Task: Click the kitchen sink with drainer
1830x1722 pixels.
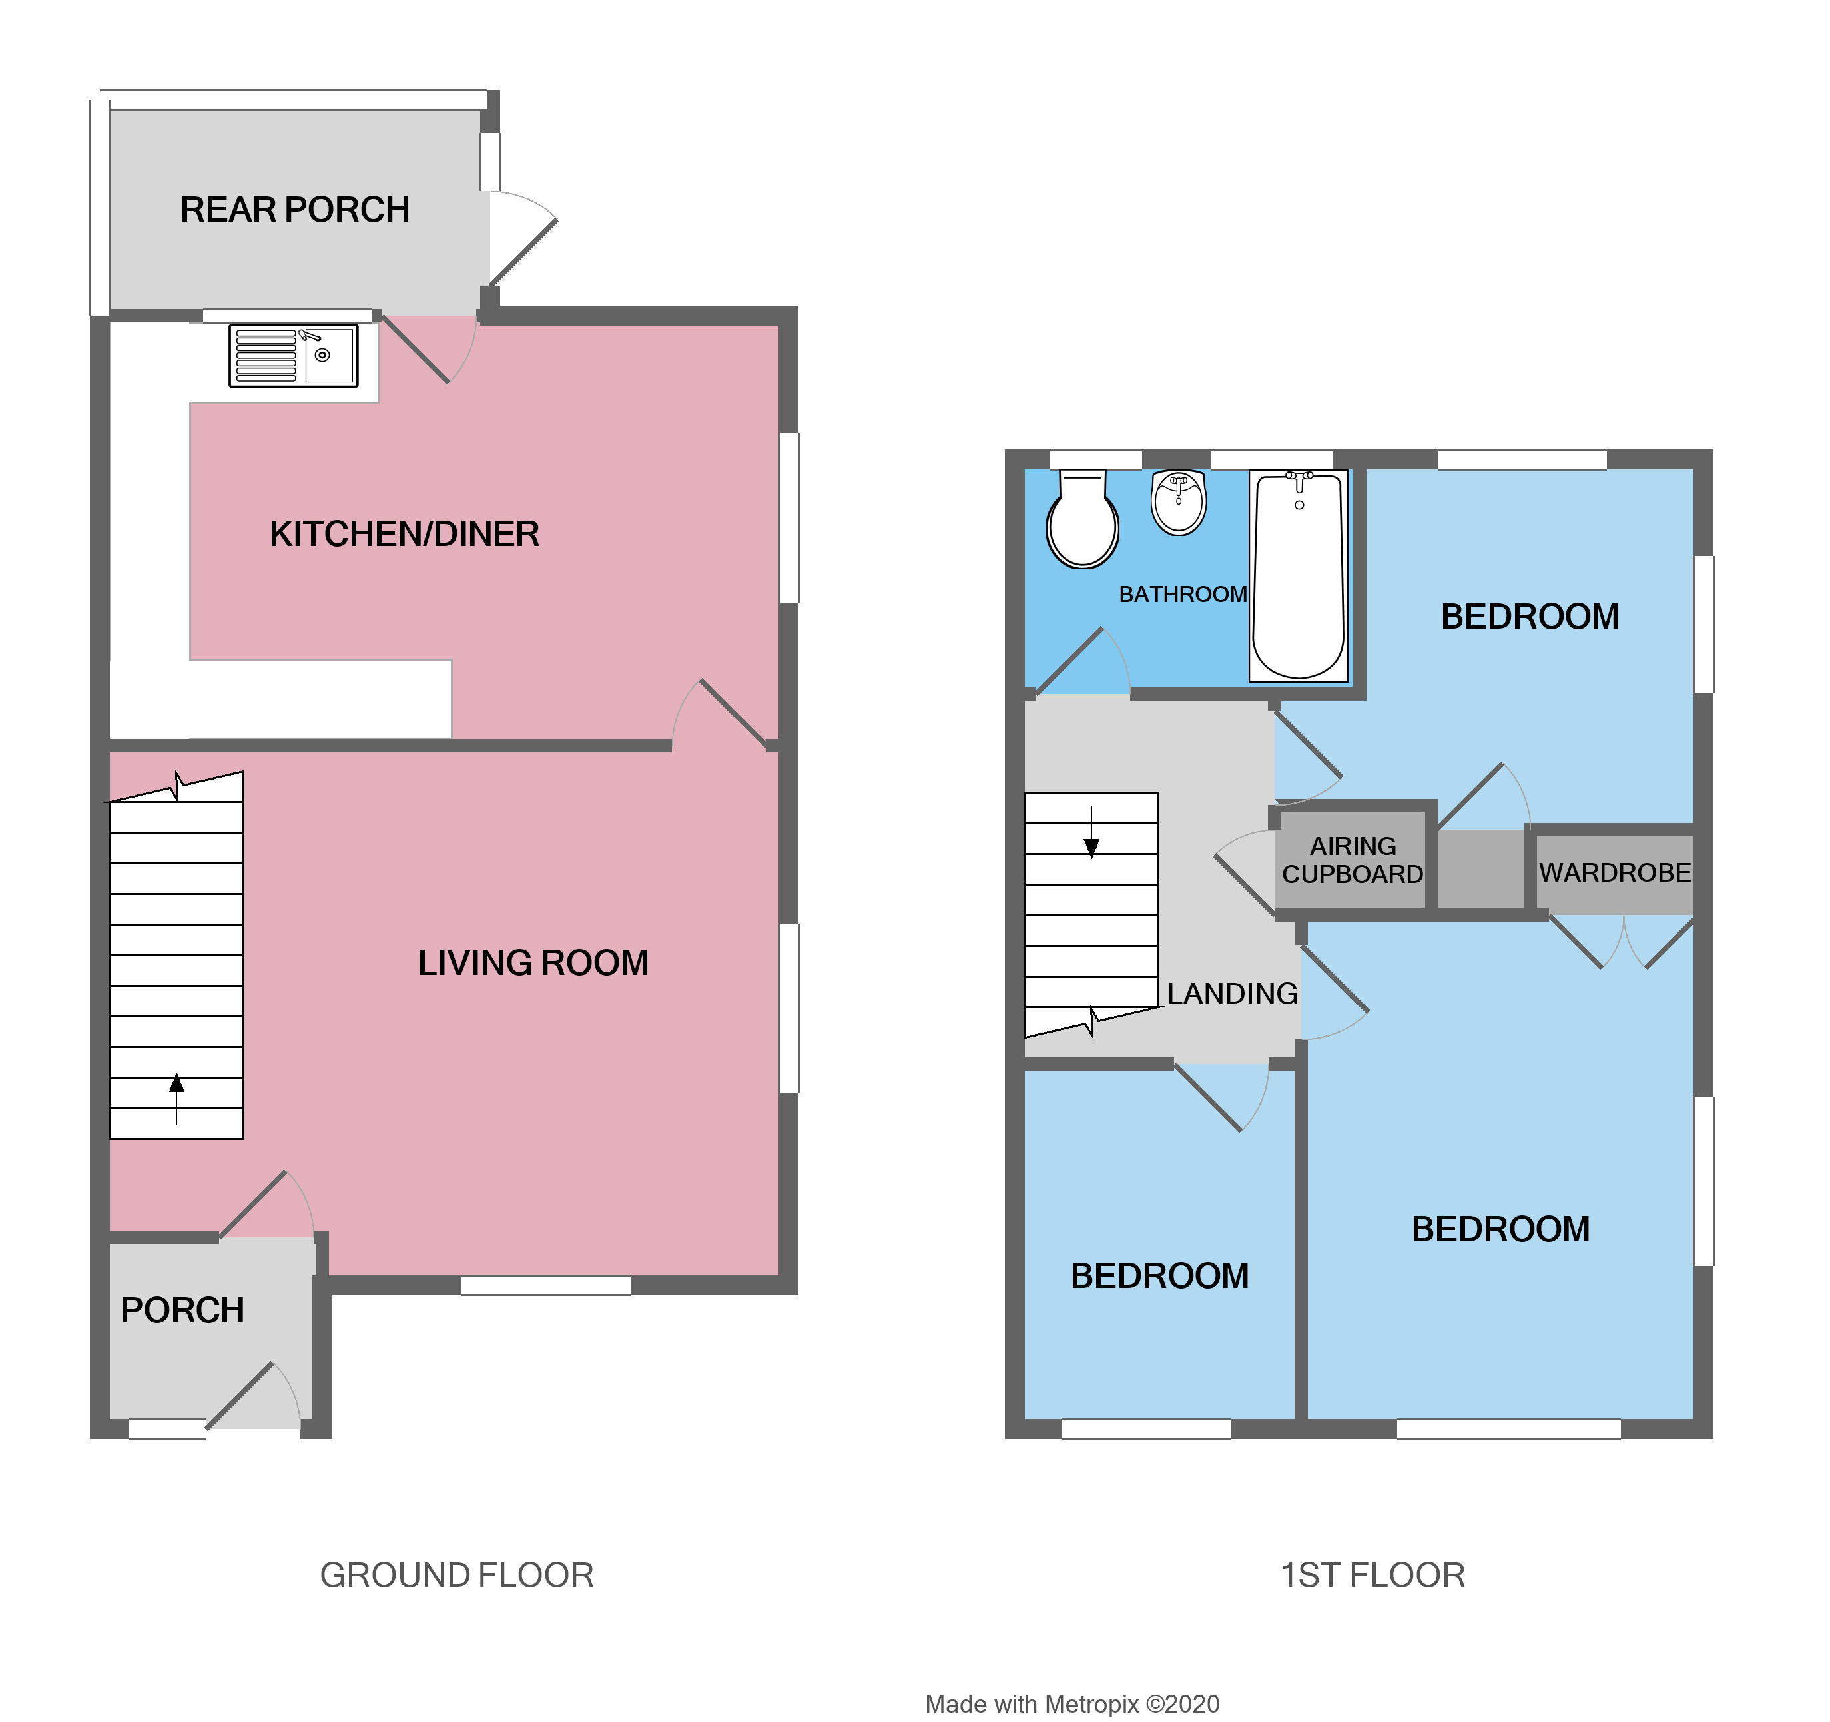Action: [293, 356]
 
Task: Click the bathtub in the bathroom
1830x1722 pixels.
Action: [1298, 576]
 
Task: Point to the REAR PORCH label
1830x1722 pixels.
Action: [294, 210]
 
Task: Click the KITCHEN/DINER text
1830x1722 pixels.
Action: [404, 534]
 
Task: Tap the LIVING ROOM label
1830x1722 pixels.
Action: [533, 963]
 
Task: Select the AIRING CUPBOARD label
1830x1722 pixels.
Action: [1353, 860]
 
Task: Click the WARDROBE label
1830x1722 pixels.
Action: [1615, 872]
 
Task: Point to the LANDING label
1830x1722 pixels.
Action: [1233, 993]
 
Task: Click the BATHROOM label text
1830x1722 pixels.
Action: [1183, 595]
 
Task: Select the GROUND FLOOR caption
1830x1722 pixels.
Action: [457, 1575]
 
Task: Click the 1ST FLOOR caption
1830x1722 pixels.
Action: [1372, 1575]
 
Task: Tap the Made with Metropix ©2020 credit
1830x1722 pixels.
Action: [1071, 1703]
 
